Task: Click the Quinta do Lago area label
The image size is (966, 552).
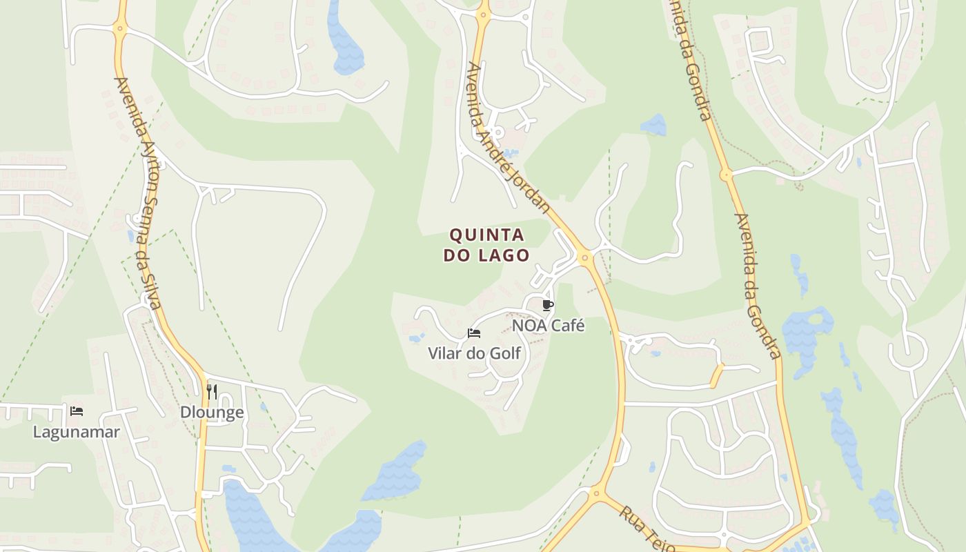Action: pos(486,245)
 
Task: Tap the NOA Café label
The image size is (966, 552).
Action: pos(548,325)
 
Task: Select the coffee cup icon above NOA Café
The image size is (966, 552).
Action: pos(548,305)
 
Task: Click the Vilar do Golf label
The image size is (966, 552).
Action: pos(474,354)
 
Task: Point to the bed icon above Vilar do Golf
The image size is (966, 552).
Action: pos(474,333)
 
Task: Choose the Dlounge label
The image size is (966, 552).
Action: pos(212,413)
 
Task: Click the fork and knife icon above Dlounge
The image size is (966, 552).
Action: pos(212,392)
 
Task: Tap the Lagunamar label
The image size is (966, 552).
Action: pos(77,432)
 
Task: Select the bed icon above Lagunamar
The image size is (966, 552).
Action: pos(77,411)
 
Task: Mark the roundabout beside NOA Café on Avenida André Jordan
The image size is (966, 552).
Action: pos(585,258)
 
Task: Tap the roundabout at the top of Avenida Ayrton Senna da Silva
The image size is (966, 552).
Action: pos(120,29)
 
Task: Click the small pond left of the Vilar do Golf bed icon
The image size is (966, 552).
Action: pos(416,338)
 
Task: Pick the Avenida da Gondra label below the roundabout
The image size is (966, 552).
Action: pos(757,286)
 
